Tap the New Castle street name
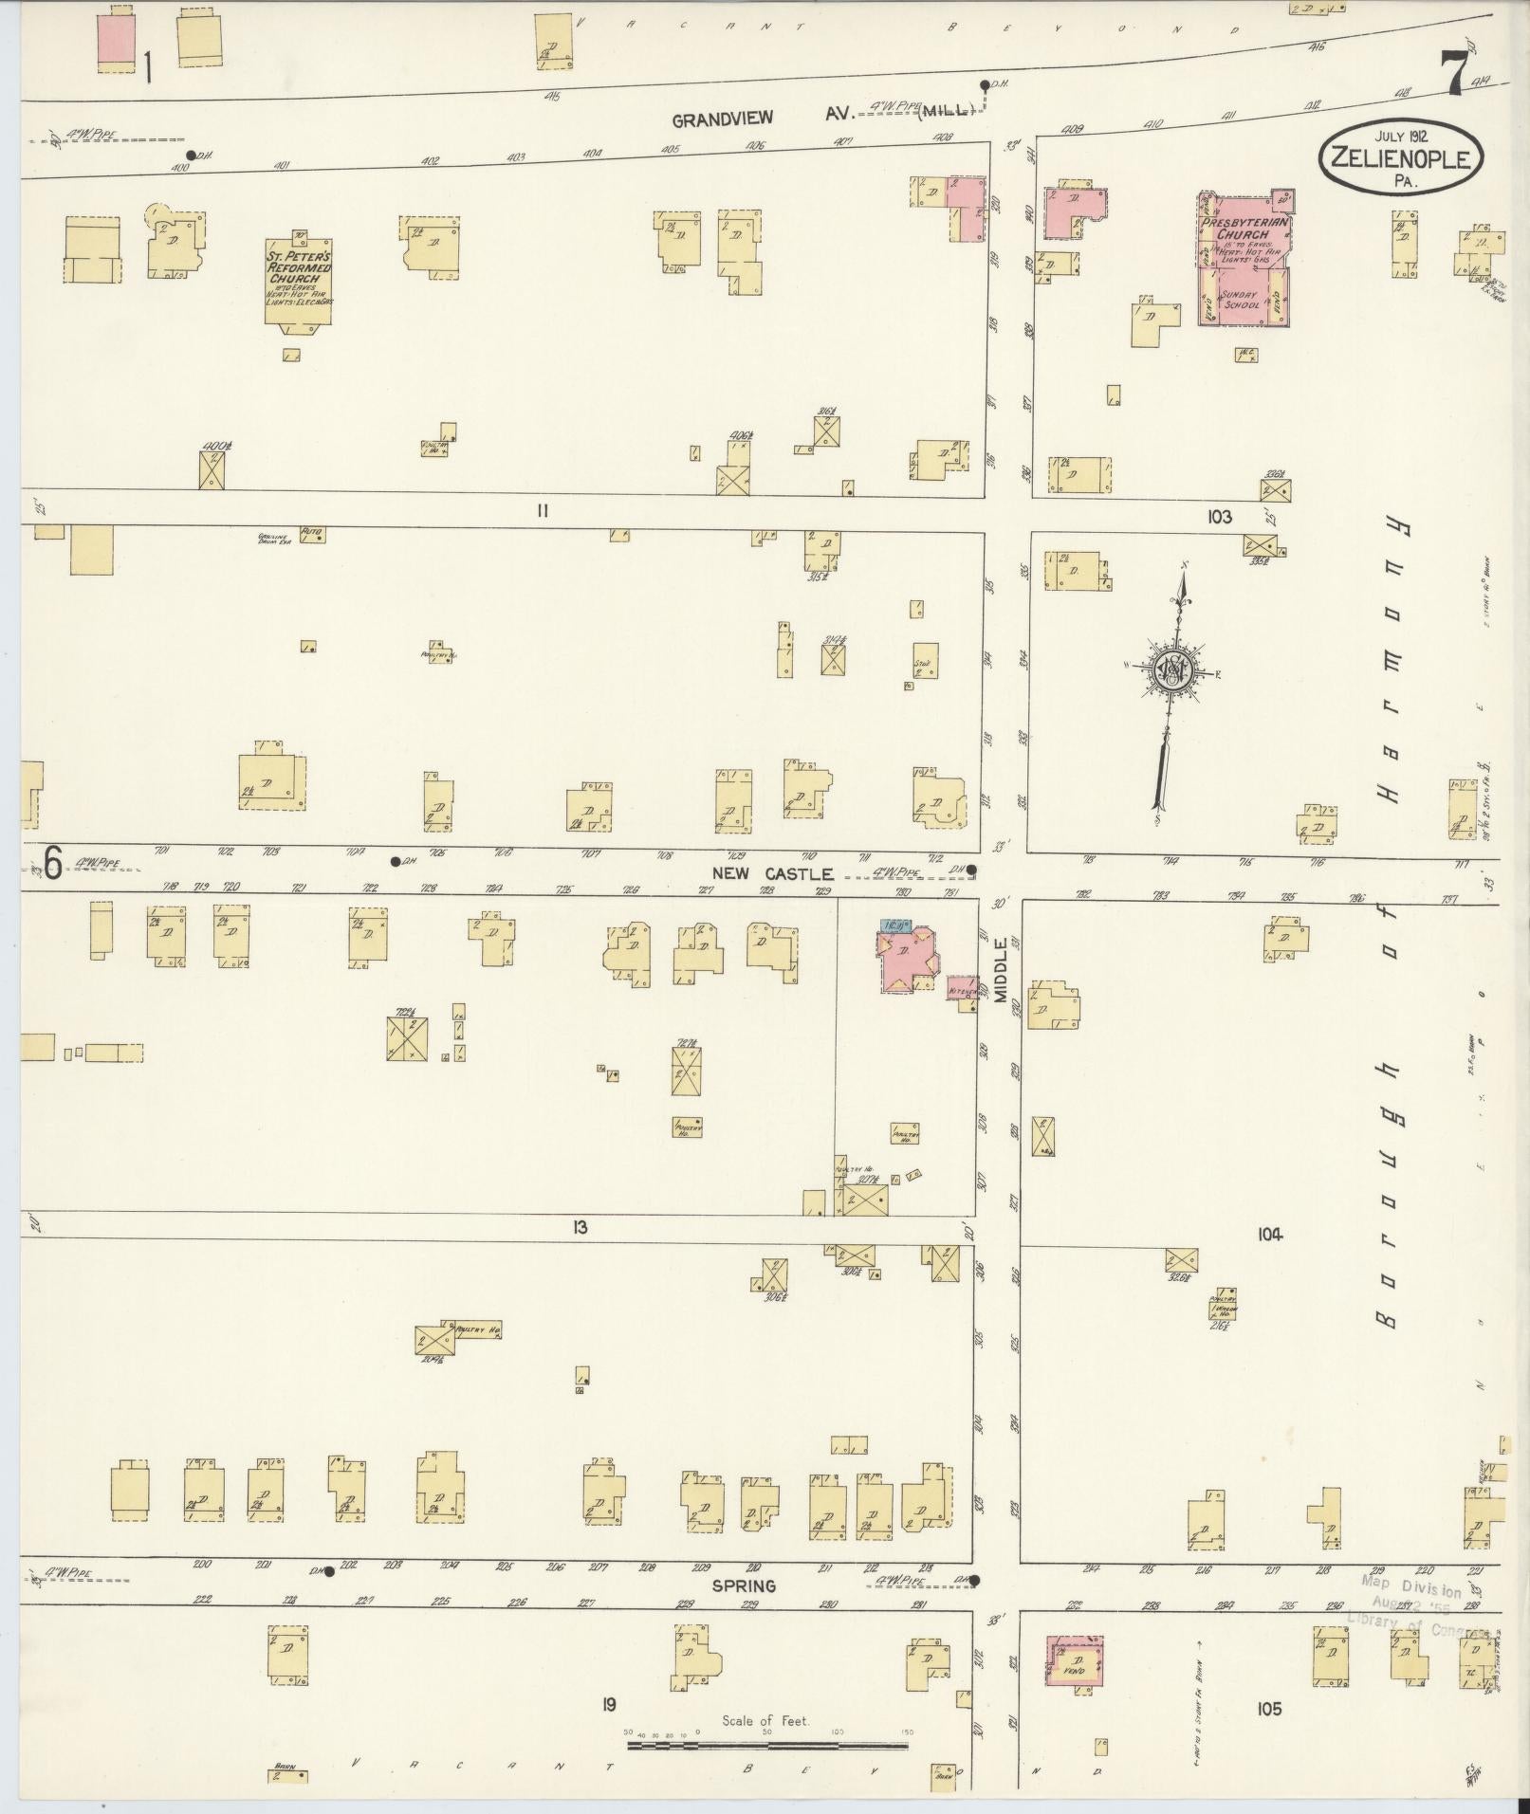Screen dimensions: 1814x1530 click(x=775, y=873)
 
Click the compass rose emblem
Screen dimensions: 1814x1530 click(x=1171, y=671)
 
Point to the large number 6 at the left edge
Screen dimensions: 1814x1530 click(x=52, y=864)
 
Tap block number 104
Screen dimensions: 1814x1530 click(x=1270, y=1234)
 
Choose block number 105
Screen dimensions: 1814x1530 click(x=1269, y=1709)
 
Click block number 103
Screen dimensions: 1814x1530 click(x=1219, y=517)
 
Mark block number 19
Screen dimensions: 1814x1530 click(x=608, y=1705)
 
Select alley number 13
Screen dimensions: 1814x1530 click(x=580, y=1228)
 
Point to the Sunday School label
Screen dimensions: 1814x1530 click(x=1239, y=300)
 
